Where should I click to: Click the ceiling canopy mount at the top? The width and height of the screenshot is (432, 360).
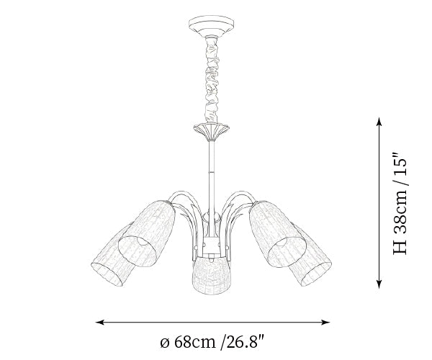click(211, 25)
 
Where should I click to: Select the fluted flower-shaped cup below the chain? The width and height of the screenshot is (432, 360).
click(211, 132)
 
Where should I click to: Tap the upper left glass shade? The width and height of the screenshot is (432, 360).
click(147, 233)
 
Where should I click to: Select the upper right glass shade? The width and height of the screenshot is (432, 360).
click(277, 234)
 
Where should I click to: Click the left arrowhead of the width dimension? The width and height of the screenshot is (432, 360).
click(99, 322)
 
